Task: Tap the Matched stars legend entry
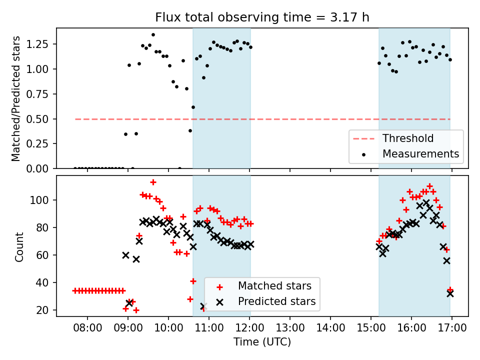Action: (274, 286)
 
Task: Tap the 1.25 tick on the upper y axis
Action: (41, 44)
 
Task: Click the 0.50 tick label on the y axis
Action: (41, 119)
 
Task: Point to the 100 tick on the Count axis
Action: (43, 200)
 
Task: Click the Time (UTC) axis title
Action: (262, 342)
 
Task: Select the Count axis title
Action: (19, 246)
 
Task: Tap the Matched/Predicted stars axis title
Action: (16, 98)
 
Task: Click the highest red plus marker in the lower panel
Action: (153, 182)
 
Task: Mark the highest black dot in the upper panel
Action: (153, 35)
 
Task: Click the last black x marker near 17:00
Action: (450, 293)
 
